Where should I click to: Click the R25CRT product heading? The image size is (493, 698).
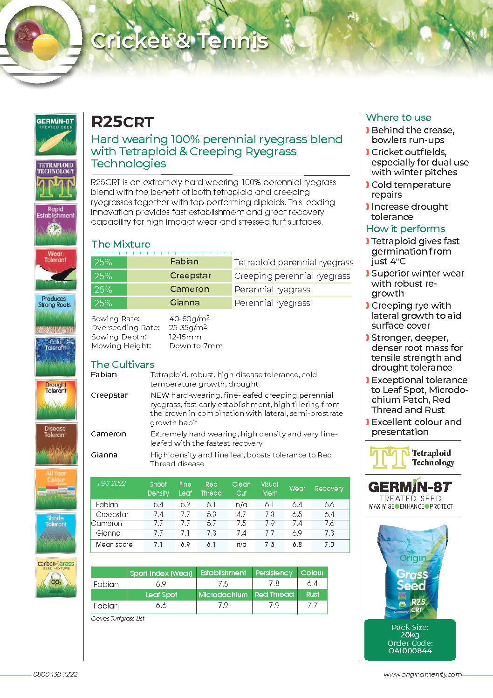coord(122,122)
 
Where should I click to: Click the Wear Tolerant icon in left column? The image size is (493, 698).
coord(55,269)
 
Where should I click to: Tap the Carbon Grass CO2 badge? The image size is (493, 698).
coord(55,577)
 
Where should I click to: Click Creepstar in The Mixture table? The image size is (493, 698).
coord(190,276)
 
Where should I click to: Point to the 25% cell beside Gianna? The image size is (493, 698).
coord(103,303)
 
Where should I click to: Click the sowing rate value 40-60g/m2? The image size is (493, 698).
coord(189,318)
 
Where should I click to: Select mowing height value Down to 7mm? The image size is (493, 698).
coord(196,346)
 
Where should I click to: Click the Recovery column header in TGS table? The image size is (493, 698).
coord(329,489)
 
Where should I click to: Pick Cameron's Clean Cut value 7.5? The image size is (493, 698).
coord(241,524)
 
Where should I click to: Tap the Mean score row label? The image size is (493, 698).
coord(114,545)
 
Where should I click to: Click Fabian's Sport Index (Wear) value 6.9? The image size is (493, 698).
coord(161,584)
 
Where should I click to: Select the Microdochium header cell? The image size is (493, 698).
coord(223,595)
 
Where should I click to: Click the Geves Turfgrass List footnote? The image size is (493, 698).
coord(117,619)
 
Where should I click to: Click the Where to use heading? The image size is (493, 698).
coord(398,117)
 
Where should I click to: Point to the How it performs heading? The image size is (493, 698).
coord(405,229)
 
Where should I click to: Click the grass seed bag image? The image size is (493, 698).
coord(412,571)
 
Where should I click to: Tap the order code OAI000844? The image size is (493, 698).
coord(410,651)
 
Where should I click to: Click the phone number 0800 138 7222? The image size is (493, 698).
coord(55,674)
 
